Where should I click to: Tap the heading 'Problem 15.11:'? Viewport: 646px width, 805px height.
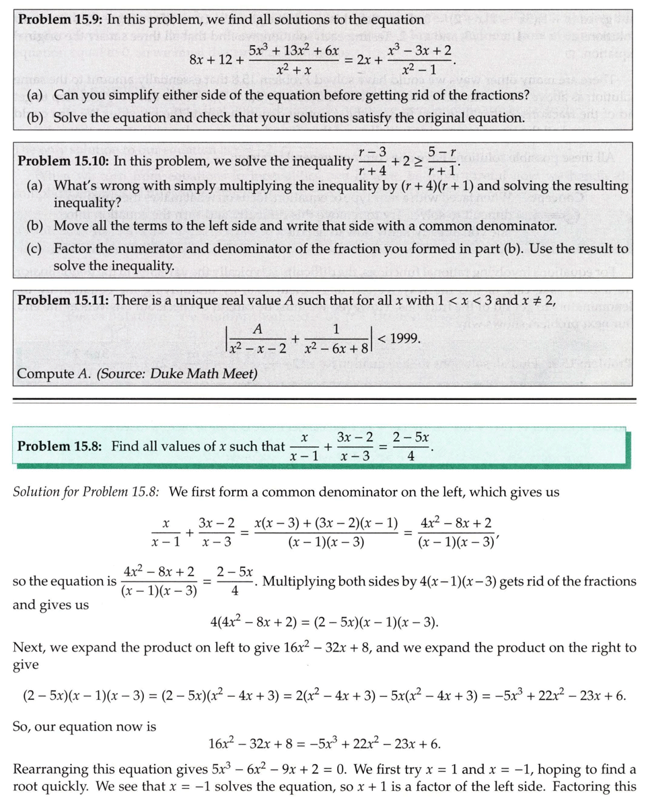[x=63, y=300]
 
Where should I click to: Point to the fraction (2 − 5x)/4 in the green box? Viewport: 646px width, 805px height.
[x=410, y=447]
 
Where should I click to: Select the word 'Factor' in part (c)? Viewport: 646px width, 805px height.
[x=74, y=248]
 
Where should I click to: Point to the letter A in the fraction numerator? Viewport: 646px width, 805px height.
[x=256, y=329]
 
